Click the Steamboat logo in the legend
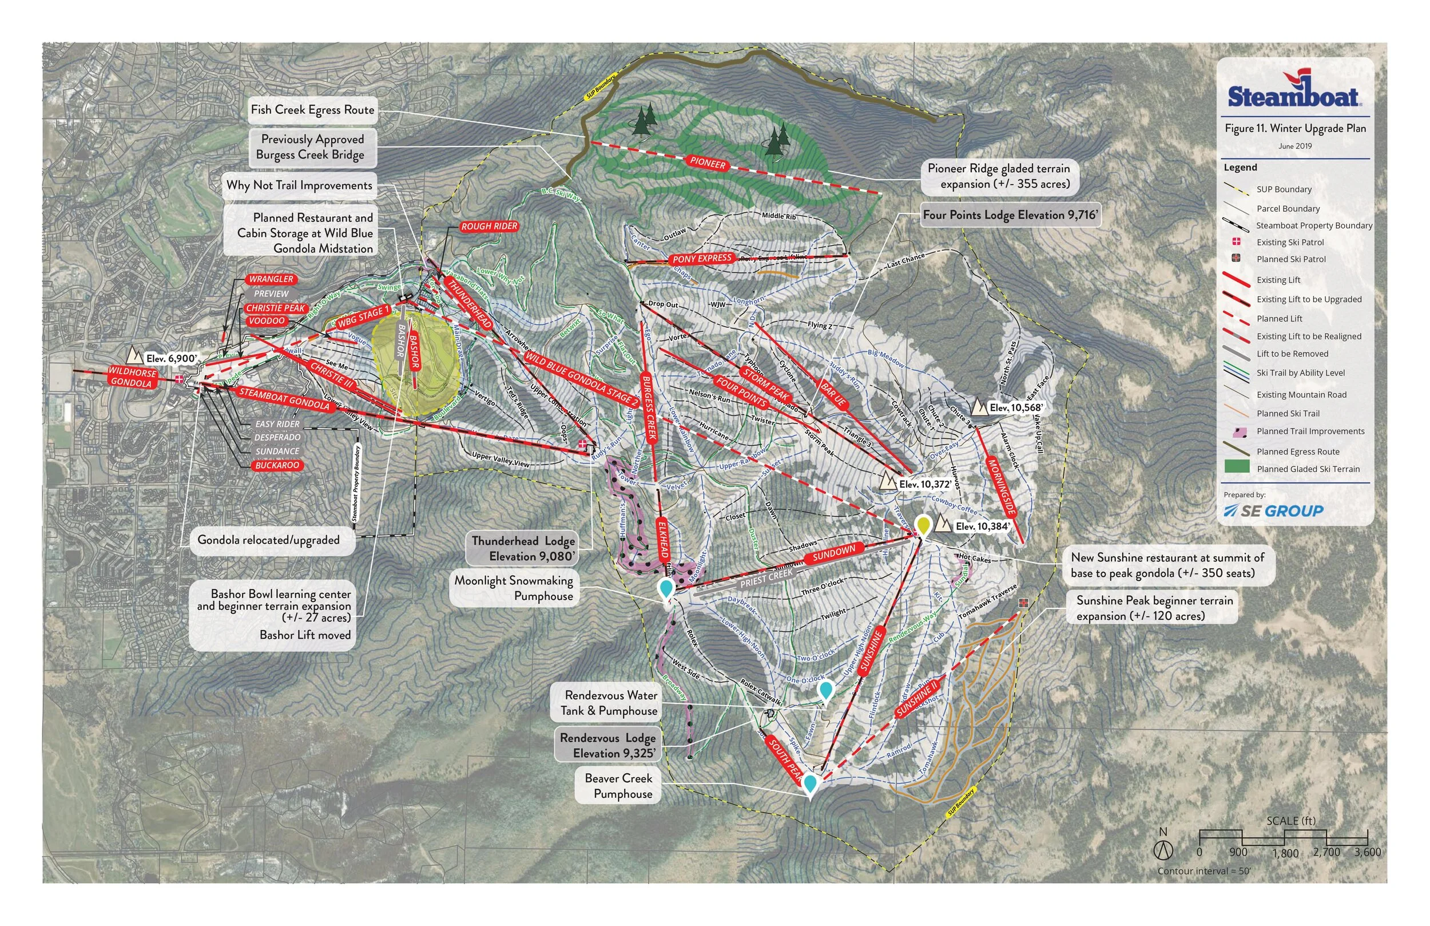click(1294, 93)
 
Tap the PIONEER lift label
click(707, 163)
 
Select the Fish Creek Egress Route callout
click(312, 110)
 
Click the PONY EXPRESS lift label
click(702, 259)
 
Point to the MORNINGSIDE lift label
click(1002, 488)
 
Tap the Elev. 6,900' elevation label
click(170, 359)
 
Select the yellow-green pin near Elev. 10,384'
click(923, 525)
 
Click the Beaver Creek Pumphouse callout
click(619, 786)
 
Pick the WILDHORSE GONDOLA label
click(132, 377)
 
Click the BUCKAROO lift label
click(276, 465)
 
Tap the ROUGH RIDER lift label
click(489, 227)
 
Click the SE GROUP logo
click(1273, 511)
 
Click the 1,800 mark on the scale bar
click(1285, 853)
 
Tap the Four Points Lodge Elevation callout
click(1010, 215)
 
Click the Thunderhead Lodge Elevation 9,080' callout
click(523, 548)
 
